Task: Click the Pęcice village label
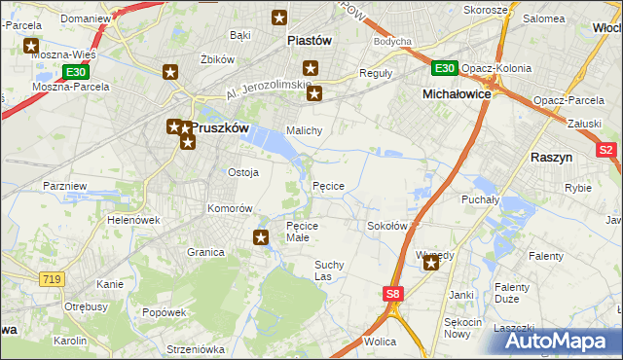328,185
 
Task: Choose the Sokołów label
386,225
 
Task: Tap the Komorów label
230,209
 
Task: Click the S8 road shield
391,293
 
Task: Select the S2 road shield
605,150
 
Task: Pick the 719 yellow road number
53,279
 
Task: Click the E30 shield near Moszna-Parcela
76,72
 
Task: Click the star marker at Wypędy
431,261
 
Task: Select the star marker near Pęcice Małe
261,235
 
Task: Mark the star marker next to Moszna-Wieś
31,46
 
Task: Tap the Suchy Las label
328,270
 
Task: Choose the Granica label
205,252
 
